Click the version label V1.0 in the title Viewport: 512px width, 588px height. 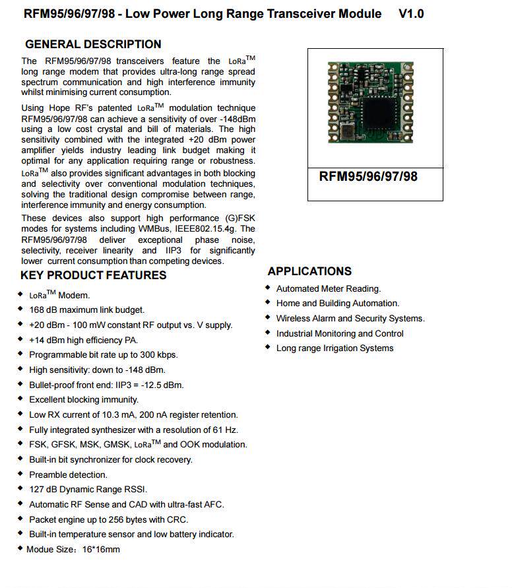(411, 13)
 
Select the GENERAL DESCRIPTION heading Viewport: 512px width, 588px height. (93, 44)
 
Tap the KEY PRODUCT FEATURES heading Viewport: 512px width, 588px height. (94, 275)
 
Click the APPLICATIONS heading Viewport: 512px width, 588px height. (309, 271)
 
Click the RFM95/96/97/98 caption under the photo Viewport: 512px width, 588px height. (368, 176)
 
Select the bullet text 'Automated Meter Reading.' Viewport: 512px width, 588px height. (329, 288)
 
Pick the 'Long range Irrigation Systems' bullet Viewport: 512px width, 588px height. (335, 348)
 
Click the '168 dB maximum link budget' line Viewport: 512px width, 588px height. (86, 310)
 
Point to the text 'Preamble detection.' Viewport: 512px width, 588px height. (68, 474)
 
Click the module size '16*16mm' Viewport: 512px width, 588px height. (102, 549)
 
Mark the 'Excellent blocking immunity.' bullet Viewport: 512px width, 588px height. (84, 399)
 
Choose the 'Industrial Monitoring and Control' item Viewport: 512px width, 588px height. (340, 333)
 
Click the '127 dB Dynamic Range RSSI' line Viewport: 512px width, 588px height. (88, 489)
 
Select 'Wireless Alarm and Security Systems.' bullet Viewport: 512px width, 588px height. (350, 318)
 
